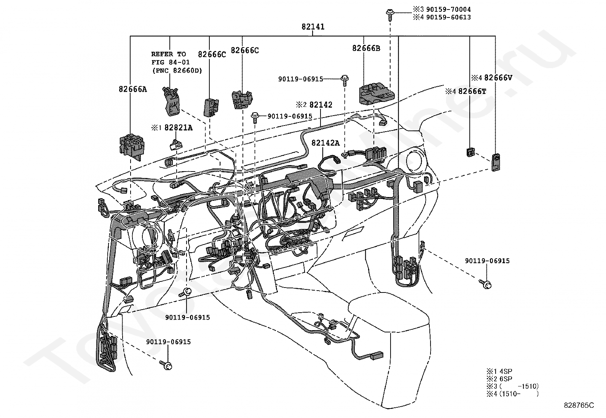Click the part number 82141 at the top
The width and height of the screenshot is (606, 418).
click(313, 27)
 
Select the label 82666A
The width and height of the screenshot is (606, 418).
click(132, 89)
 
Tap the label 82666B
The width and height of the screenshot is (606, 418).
click(366, 48)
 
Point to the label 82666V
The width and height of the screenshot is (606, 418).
click(498, 78)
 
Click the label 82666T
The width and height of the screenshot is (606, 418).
click(472, 92)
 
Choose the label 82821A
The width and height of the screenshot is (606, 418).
click(178, 128)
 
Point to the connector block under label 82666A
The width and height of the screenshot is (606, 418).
click(132, 146)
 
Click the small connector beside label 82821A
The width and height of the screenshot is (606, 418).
click(176, 144)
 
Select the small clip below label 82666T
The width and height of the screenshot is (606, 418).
click(470, 152)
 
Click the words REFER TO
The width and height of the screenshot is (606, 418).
click(169, 54)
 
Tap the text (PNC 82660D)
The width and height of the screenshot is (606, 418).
click(177, 71)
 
